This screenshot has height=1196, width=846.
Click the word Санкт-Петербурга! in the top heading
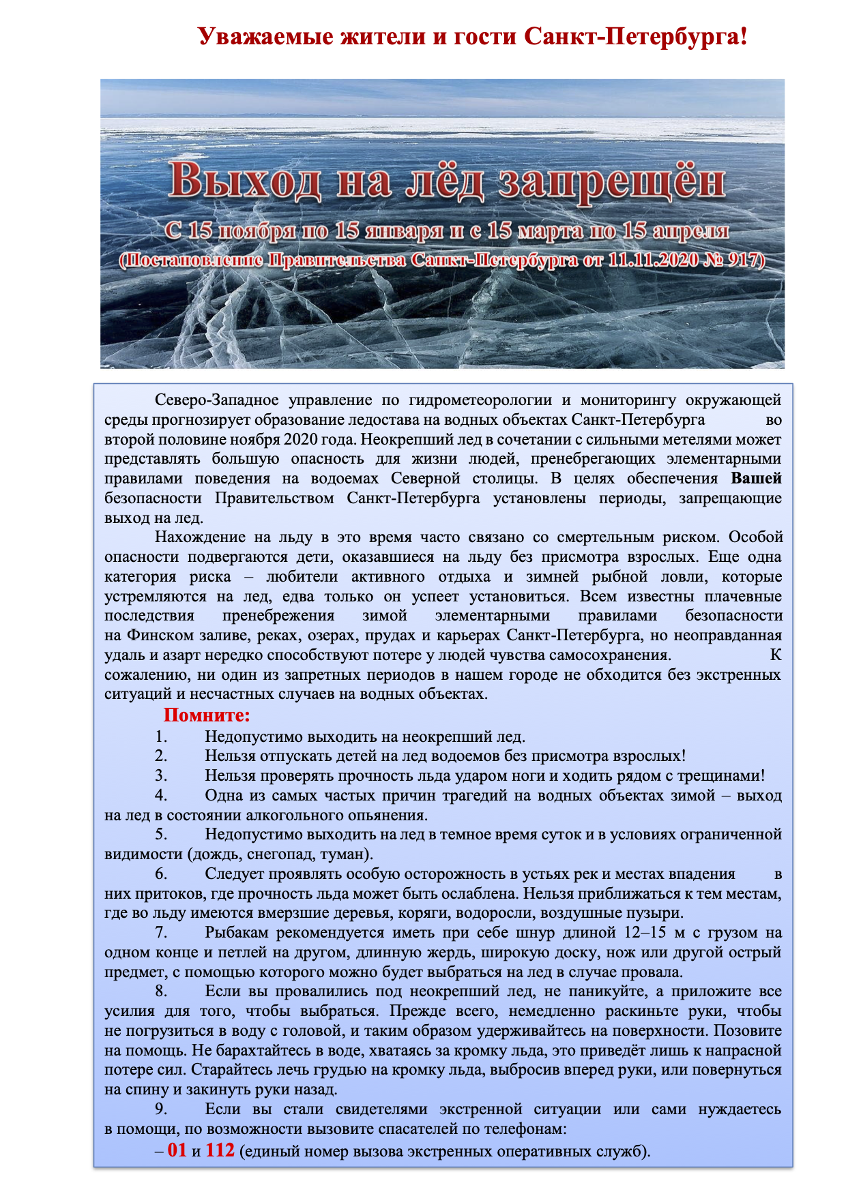[x=636, y=36]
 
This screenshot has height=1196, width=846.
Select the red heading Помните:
[x=207, y=715]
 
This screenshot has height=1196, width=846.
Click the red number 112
[x=220, y=1150]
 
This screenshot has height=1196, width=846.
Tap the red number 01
[x=177, y=1150]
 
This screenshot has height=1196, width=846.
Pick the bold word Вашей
[x=756, y=478]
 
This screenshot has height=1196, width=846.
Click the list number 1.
[x=161, y=736]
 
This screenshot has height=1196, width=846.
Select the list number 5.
[x=161, y=835]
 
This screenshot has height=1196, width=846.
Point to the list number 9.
[x=161, y=1109]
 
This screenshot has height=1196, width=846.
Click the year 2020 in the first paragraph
[x=301, y=439]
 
